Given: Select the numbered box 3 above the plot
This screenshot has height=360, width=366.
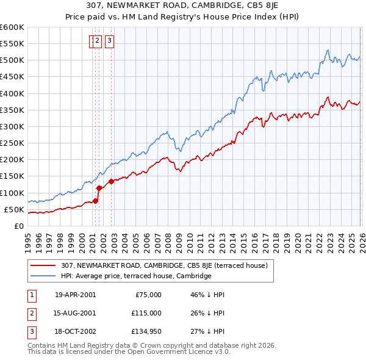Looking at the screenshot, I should pyautogui.click(x=109, y=41).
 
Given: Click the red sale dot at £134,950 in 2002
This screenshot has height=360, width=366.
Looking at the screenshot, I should pyautogui.click(x=112, y=181).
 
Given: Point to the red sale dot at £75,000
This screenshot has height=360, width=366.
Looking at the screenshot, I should pyautogui.click(x=95, y=201).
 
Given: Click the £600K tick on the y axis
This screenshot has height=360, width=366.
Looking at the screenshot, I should pyautogui.click(x=12, y=27).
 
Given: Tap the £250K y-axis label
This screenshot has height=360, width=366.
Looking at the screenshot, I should pyautogui.click(x=12, y=143).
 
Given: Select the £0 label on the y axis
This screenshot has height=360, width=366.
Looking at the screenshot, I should pyautogui.click(x=18, y=226).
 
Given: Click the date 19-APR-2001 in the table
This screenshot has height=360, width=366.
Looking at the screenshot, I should pyautogui.click(x=75, y=294).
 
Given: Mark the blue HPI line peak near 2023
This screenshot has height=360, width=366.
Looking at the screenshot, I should pyautogui.click(x=328, y=50).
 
